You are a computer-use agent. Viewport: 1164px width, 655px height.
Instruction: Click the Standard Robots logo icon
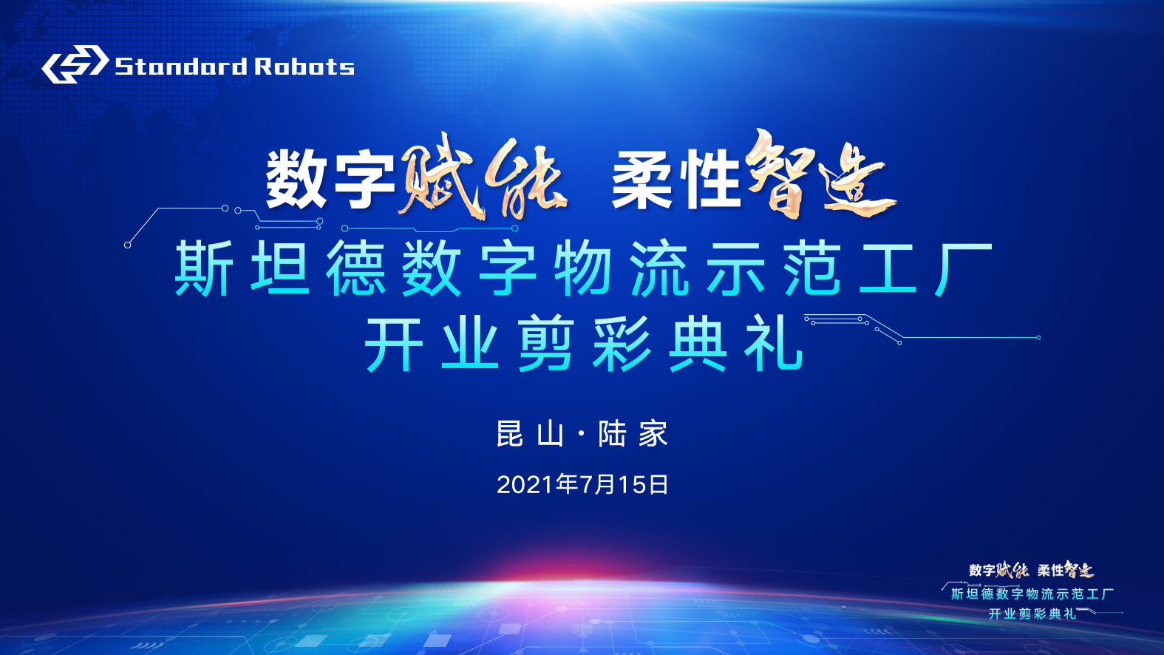pos(75,64)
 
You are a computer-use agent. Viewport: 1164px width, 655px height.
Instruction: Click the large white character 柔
pos(643,180)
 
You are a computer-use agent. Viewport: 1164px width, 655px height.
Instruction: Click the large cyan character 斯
pos(204,268)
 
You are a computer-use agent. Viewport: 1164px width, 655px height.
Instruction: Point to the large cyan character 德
pos(355,268)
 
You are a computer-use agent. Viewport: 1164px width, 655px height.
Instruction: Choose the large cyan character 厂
pos(963,268)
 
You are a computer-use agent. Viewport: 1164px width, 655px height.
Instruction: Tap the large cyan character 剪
pos(545,344)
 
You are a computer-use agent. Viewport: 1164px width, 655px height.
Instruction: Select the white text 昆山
pos(530,433)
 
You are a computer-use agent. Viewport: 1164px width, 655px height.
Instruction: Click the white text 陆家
pos(633,433)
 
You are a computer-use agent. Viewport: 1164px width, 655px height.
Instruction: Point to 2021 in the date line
pos(525,484)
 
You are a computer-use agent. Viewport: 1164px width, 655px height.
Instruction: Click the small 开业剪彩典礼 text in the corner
pos(1032,614)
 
